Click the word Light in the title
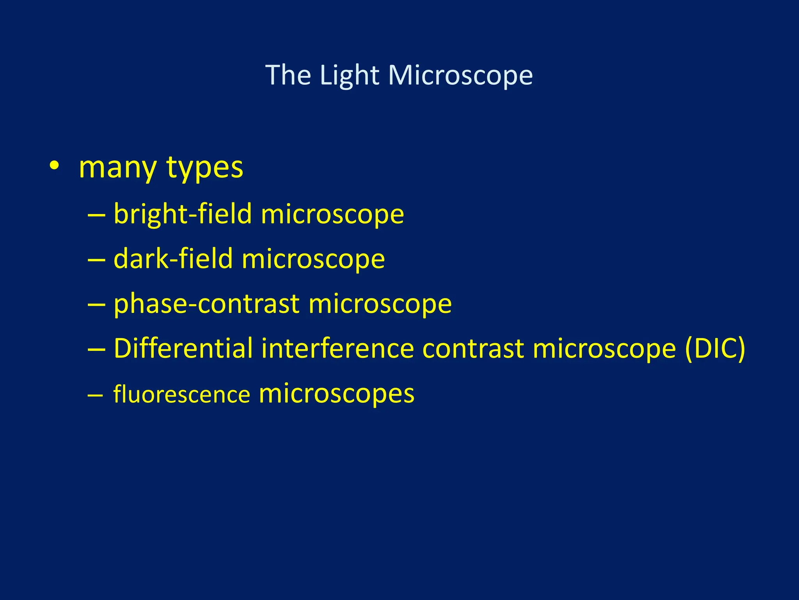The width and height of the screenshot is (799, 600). tap(349, 75)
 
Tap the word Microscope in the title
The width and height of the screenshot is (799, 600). tap(460, 75)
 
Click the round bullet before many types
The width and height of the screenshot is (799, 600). tap(55, 166)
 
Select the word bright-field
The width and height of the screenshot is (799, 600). tap(183, 214)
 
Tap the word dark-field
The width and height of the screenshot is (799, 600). tap(173, 259)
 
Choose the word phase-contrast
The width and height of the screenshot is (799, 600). tap(206, 304)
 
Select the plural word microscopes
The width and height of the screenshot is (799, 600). tap(336, 393)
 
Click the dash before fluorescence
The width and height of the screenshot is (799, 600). tap(96, 395)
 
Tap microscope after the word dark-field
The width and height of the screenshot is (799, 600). tap(313, 259)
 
